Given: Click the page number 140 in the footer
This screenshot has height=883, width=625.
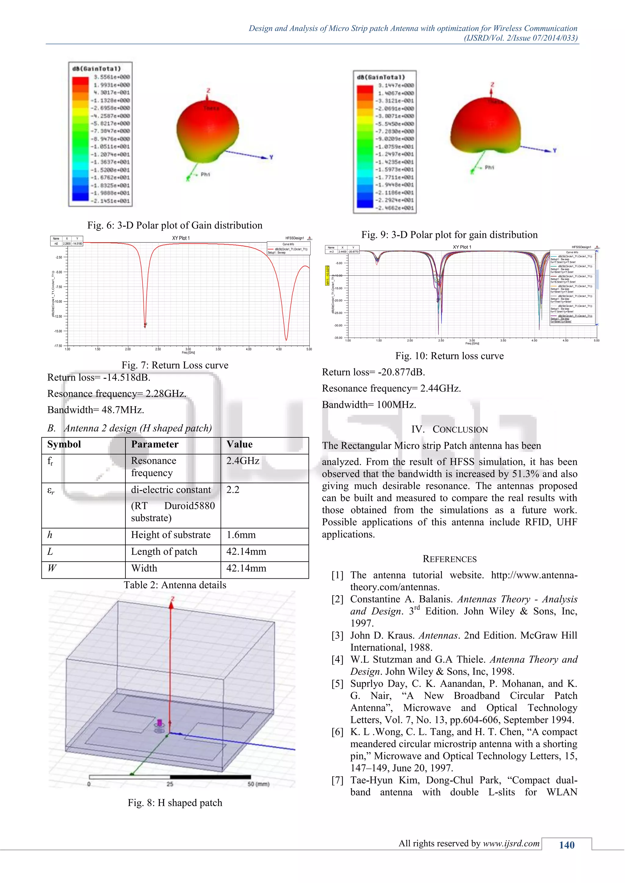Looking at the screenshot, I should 566,845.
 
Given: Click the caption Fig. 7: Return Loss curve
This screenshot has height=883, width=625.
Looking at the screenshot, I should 175,365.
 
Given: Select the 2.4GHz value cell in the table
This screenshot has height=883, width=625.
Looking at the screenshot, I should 243,461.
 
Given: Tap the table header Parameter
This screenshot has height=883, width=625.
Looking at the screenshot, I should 155,444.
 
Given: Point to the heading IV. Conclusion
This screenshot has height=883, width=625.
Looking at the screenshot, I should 449,429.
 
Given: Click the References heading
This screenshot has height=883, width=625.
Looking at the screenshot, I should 449,559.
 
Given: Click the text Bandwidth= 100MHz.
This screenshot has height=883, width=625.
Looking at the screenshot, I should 369,405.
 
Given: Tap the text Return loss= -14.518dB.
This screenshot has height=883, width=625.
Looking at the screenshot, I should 99,377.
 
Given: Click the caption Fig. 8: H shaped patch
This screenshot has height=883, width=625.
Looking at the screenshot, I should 175,803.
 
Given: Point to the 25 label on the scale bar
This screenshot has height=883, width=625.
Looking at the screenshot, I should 170,784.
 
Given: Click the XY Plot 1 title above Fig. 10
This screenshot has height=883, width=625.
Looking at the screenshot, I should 462,247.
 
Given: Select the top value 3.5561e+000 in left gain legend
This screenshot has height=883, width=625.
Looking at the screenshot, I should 112,77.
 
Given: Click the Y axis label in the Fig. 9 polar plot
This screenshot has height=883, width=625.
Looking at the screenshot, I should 555,150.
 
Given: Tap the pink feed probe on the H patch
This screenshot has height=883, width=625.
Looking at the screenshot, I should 159,723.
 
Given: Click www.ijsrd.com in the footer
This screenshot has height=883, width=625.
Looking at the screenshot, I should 511,843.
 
